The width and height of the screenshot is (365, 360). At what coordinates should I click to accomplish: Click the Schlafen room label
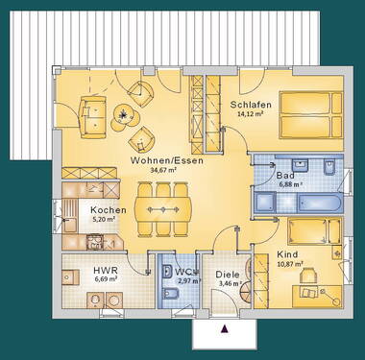coord(251,105)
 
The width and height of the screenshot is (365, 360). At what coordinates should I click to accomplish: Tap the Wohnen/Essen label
coord(158,163)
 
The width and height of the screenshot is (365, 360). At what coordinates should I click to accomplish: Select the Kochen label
coord(108,210)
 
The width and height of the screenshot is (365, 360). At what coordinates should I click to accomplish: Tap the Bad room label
coord(284,176)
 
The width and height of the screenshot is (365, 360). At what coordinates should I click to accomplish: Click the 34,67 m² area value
coord(159,174)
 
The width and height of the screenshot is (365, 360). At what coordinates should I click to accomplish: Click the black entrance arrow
coord(225,329)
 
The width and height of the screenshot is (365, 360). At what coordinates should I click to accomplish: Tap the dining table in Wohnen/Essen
coord(165,207)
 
